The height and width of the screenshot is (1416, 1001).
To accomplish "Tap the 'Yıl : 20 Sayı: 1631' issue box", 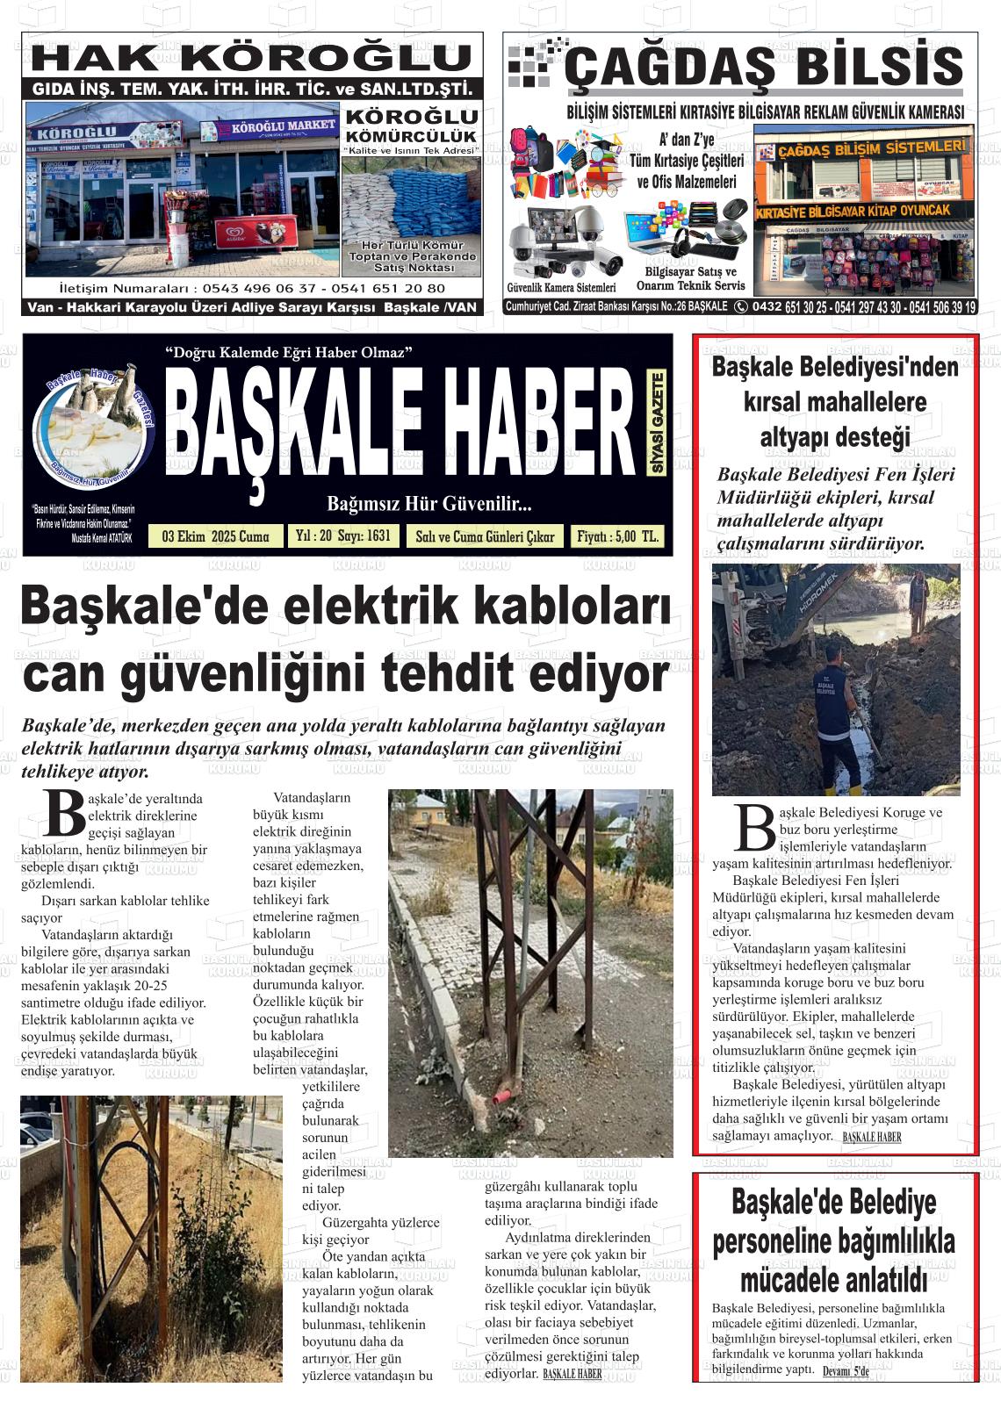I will click(342, 535).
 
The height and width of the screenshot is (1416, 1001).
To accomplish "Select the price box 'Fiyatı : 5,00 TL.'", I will click(616, 536).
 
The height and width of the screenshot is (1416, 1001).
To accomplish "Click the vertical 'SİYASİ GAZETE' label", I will click(657, 423).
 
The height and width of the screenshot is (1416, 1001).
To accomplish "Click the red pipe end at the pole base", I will click(501, 1096).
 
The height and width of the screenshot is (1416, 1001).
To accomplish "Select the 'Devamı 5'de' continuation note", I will click(845, 1371).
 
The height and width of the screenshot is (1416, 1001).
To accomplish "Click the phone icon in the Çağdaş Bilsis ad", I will click(741, 306).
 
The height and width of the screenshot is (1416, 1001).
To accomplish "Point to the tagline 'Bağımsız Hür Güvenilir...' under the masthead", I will click(428, 504).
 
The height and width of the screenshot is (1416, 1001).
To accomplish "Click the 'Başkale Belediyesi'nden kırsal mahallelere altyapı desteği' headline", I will click(834, 402).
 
